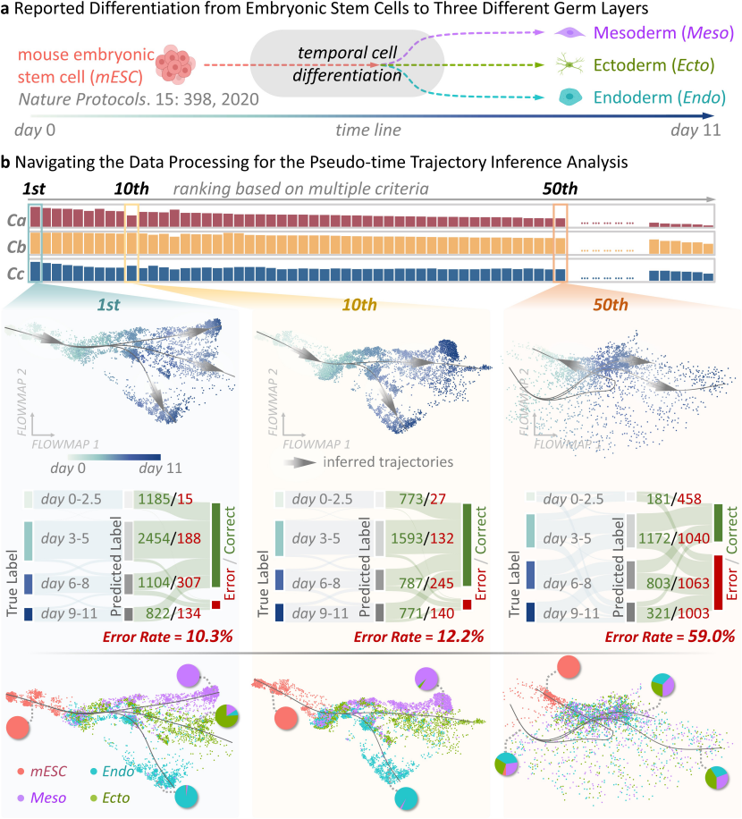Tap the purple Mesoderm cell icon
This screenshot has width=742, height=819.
pos(567,33)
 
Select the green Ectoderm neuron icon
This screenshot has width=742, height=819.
pos(567,66)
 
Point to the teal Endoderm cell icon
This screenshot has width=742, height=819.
pos(567,97)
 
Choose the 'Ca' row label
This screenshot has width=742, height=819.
pos(14,218)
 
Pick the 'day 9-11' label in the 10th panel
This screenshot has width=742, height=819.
pos(323,614)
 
